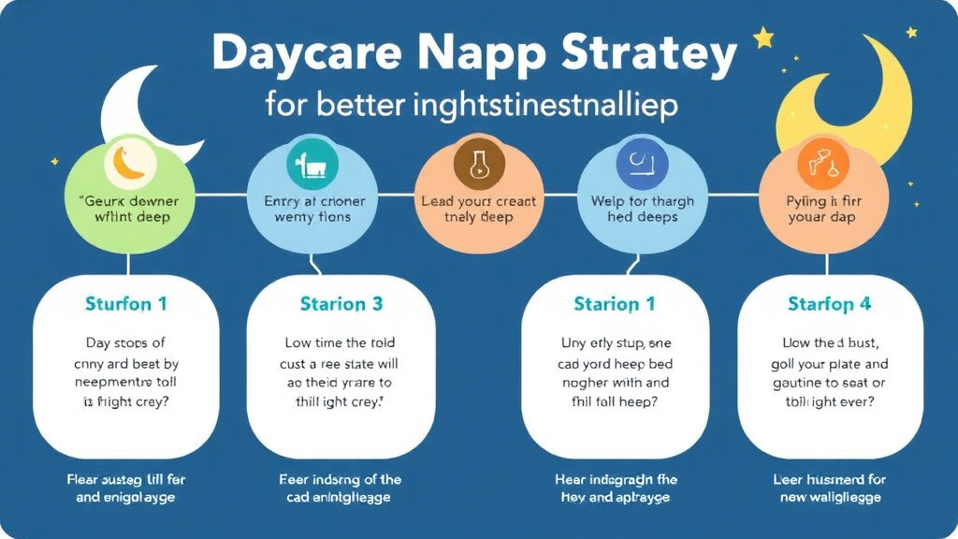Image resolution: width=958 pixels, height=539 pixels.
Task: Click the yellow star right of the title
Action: pos(763,38)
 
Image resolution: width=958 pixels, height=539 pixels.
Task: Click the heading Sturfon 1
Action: pos(125,304)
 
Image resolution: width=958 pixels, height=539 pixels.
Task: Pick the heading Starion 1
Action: pos(615,304)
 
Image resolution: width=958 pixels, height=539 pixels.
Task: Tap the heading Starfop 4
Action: pos(829,304)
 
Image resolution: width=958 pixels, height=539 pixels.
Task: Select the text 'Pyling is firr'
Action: pos(821,201)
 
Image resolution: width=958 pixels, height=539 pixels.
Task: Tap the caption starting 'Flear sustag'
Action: pos(125,479)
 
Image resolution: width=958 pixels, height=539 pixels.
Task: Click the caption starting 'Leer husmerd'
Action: pos(829,479)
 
